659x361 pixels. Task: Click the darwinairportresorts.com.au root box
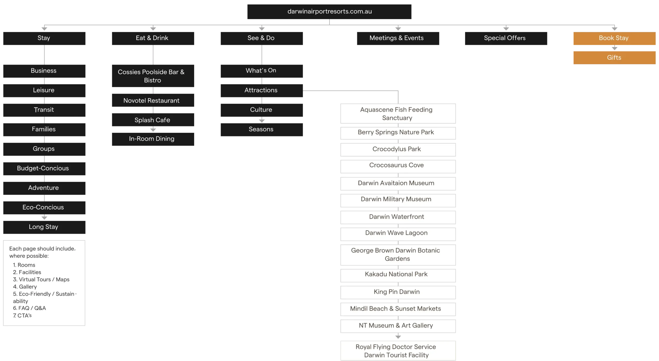(x=329, y=12)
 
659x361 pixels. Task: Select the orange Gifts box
(x=614, y=58)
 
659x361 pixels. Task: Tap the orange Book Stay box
(x=614, y=38)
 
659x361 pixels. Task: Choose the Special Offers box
(x=506, y=38)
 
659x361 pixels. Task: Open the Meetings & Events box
(x=398, y=38)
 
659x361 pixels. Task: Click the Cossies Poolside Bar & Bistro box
(x=153, y=76)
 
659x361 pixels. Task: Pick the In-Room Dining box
(x=153, y=139)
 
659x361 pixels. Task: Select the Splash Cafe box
(x=153, y=120)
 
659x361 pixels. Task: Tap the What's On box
(x=262, y=71)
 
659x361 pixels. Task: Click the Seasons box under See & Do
(x=262, y=130)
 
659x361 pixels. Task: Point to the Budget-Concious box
(x=44, y=169)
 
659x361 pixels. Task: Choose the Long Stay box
(x=44, y=227)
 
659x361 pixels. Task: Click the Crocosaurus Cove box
(x=398, y=166)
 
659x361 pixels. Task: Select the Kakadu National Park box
(x=398, y=275)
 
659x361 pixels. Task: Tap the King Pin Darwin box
(x=398, y=292)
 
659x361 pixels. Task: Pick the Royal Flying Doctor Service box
(x=398, y=350)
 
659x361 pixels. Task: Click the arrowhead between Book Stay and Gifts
(x=614, y=48)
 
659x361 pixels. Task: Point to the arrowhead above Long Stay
(x=44, y=218)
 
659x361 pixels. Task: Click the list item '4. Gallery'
(x=25, y=286)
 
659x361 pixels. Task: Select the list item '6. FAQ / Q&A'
(x=29, y=308)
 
